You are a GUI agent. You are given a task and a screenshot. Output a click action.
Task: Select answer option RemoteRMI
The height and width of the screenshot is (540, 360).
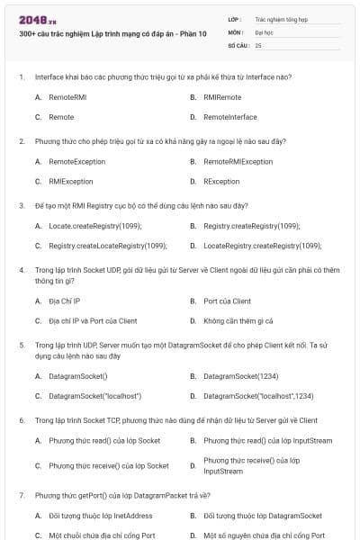pyautogui.click(x=67, y=96)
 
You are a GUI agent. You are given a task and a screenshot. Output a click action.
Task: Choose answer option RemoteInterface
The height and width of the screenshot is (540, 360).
pyautogui.click(x=229, y=117)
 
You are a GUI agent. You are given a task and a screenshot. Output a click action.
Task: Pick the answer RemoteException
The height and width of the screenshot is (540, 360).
pyautogui.click(x=76, y=161)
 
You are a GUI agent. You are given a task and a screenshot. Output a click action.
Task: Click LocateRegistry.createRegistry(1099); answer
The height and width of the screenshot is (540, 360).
pyautogui.click(x=262, y=246)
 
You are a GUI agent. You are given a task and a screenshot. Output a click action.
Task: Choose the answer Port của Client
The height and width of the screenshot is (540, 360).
pyautogui.click(x=228, y=301)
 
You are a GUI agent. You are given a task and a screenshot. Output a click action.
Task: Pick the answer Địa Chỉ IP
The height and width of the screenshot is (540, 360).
pyautogui.click(x=65, y=301)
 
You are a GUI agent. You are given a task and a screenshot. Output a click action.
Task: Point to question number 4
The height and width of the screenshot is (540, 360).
pyautogui.click(x=22, y=270)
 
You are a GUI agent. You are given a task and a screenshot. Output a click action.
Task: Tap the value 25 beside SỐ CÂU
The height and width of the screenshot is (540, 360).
pyautogui.click(x=259, y=44)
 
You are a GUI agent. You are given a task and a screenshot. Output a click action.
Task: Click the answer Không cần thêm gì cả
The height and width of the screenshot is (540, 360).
pyautogui.click(x=238, y=320)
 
